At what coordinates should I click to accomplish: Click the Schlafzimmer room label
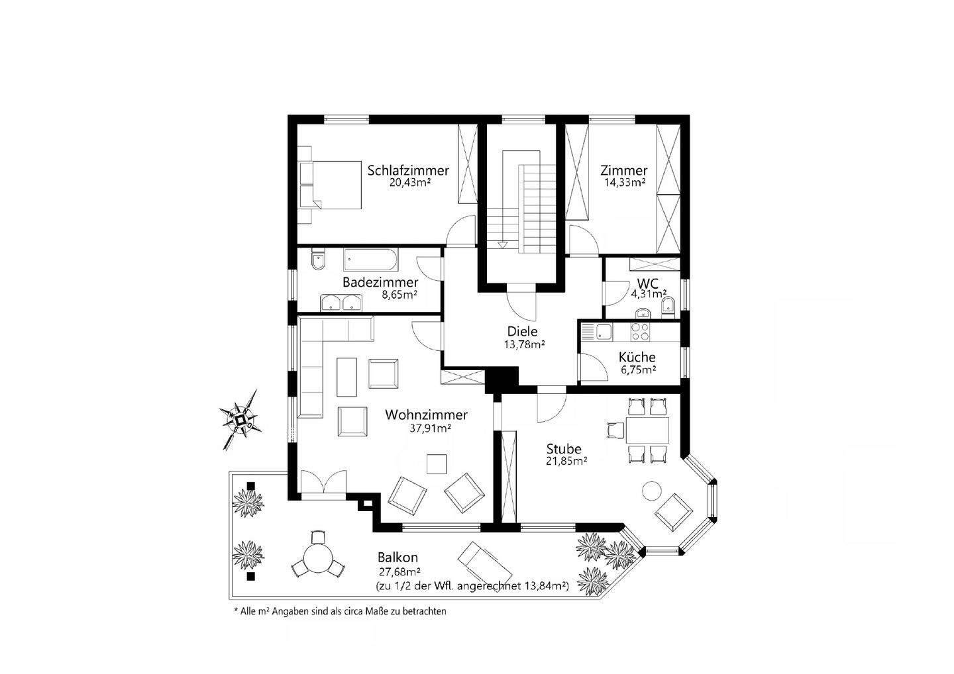pos(408,170)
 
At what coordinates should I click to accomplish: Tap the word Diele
pos(523,332)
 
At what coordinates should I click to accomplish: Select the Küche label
pos(637,358)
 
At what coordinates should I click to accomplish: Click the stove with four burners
pos(639,331)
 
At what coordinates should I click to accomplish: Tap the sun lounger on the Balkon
pos(485,561)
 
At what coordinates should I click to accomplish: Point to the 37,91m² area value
pos(430,428)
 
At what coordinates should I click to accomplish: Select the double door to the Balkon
pos(323,481)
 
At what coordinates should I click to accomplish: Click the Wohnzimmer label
pos(426,415)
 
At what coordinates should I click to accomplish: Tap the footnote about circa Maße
pos(340,612)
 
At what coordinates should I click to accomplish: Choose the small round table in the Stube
pos(652,491)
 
